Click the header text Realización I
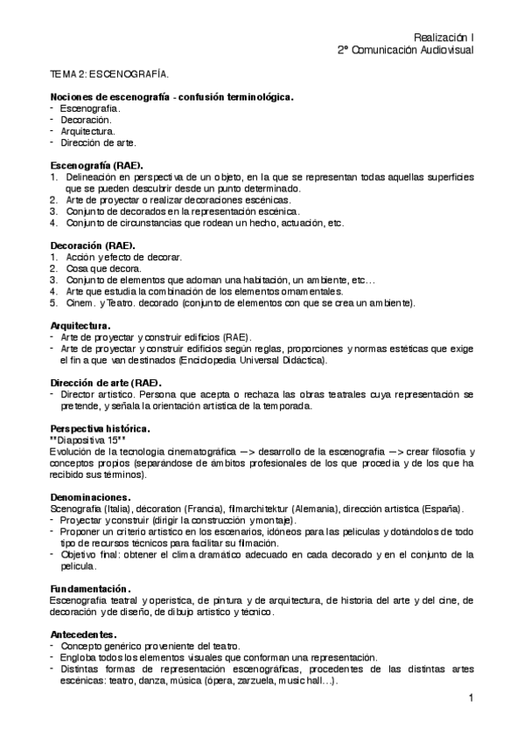coord(444,38)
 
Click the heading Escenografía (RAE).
coord(97,164)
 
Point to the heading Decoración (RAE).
coord(92,246)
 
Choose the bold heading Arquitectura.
coord(80,325)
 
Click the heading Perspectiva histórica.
coord(101,428)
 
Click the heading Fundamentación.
coord(92,588)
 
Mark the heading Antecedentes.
coord(84,633)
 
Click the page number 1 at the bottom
coord(470,697)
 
